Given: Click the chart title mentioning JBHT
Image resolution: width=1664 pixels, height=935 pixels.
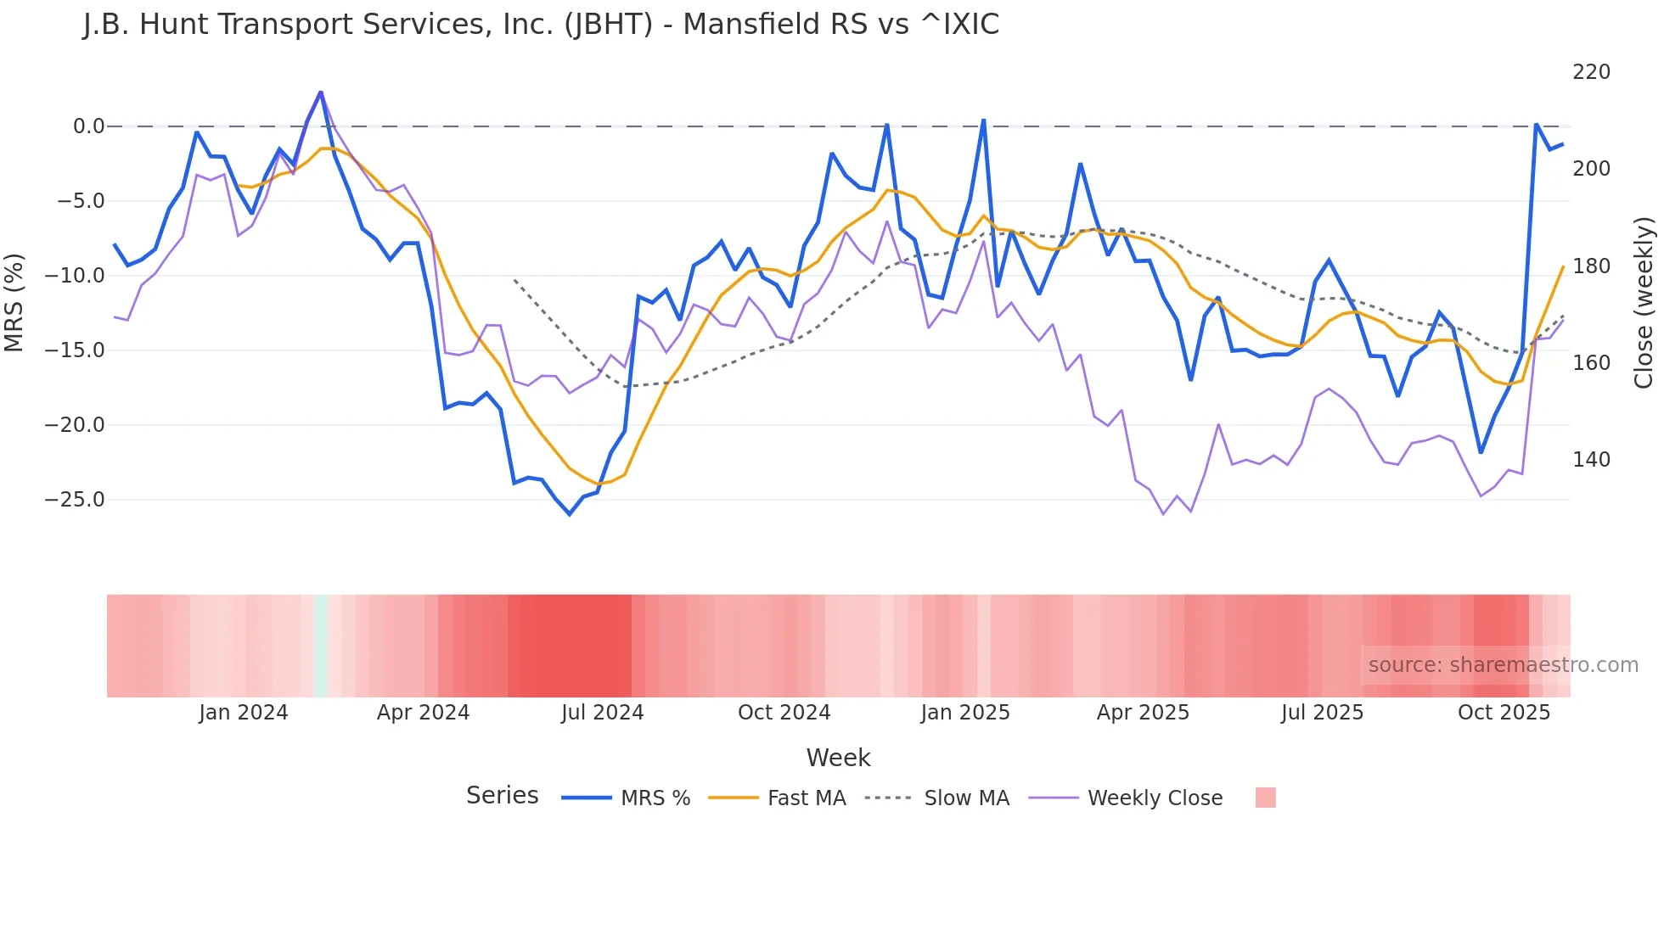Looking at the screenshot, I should click(x=541, y=25).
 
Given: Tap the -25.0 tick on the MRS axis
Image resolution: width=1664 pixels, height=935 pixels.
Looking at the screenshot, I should click(x=75, y=500).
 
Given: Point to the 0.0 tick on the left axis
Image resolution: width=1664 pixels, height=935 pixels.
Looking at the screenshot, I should click(x=88, y=126).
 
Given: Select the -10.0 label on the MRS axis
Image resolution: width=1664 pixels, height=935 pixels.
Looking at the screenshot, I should click(x=75, y=276).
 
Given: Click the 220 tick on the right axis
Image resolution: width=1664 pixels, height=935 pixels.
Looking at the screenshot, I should click(x=1591, y=72).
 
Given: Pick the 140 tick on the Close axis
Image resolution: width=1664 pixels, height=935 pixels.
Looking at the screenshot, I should click(x=1591, y=460).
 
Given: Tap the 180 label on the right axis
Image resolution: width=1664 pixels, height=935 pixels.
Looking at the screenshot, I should click(x=1591, y=266).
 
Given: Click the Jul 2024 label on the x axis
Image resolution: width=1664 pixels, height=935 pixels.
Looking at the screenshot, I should click(x=602, y=713).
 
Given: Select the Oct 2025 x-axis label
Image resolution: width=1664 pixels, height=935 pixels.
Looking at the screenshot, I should click(x=1504, y=713).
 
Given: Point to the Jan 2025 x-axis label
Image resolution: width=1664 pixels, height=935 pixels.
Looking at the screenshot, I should click(x=965, y=713).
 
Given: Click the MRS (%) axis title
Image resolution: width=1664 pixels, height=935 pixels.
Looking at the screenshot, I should click(x=14, y=302).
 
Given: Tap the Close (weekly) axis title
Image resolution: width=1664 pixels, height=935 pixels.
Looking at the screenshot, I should click(x=1644, y=302).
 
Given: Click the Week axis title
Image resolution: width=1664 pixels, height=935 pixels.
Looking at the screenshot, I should click(x=838, y=758).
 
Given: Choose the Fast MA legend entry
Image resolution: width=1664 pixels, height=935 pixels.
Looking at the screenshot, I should click(x=806, y=798).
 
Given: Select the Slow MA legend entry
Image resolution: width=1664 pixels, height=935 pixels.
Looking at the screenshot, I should click(x=966, y=798).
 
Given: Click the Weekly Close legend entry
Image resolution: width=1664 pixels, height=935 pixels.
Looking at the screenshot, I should click(x=1155, y=798).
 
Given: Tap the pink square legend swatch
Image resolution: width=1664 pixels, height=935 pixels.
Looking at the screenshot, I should click(x=1265, y=798).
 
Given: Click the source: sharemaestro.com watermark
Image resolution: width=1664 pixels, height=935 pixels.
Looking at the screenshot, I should click(x=1503, y=665).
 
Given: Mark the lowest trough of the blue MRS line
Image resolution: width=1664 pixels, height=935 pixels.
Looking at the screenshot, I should click(x=570, y=514).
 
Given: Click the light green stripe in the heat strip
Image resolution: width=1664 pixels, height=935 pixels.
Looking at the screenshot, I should click(x=321, y=646).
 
